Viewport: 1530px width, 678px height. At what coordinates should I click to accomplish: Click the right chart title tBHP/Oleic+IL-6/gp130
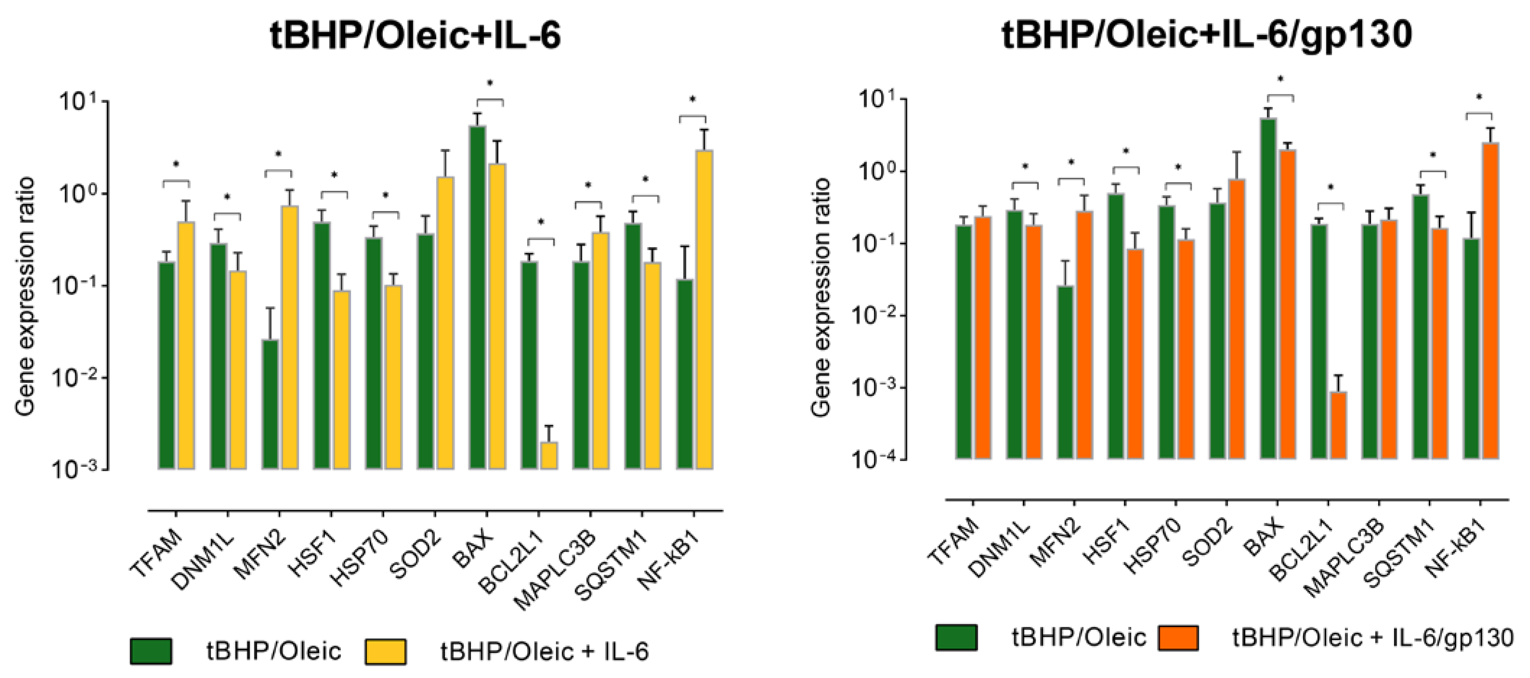1206,34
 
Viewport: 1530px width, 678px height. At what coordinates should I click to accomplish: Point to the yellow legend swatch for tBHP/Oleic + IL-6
385,651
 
